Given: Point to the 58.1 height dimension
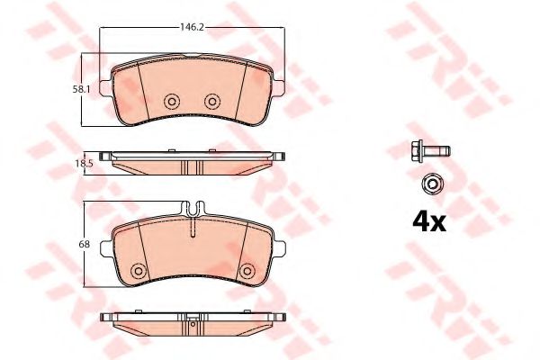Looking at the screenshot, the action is [81, 90].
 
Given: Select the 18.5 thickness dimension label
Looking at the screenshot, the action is [85, 164].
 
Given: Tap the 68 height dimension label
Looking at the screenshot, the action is [85, 244].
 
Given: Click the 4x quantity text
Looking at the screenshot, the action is [429, 222].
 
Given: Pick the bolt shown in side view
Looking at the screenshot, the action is [430, 151].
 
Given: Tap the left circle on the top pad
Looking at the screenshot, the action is [172, 102].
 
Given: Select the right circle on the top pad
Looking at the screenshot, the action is [212, 102].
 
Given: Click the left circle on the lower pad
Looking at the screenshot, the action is [139, 270].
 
